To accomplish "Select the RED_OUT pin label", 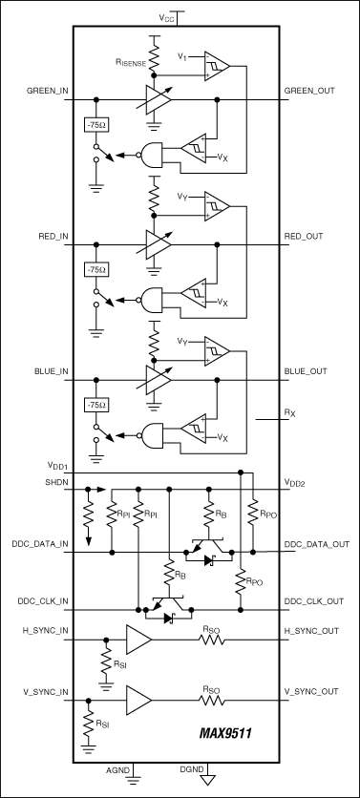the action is coord(304,236).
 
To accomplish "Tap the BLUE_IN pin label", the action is coord(51,371).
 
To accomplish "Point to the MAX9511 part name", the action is coord(225,733).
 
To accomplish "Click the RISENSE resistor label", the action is coord(131,64).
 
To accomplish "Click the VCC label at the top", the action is coord(165,18).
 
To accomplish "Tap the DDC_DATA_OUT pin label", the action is coord(316,544).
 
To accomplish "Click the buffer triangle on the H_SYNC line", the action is coord(139,640).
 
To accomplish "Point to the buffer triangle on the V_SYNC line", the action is coord(139,700).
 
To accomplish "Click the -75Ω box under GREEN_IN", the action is coord(96,124).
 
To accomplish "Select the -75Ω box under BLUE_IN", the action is coord(96,406).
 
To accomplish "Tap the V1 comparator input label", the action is coord(181,56).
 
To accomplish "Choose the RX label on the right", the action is coord(289,414).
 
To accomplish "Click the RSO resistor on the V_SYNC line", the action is coord(211,700).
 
